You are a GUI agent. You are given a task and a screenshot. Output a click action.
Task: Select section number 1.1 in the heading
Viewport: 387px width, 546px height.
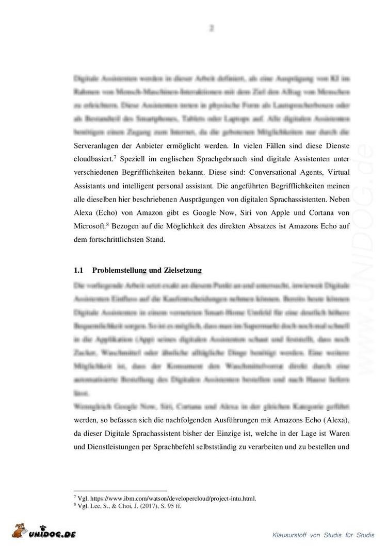click(79, 270)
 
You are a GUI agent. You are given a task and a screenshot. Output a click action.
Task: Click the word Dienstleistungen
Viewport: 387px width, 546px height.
click(106, 444)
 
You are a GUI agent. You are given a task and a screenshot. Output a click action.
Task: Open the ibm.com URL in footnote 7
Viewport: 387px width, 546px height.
click(173, 499)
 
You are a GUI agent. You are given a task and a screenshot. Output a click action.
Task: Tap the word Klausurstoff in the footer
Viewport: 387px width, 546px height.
click(290, 534)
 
